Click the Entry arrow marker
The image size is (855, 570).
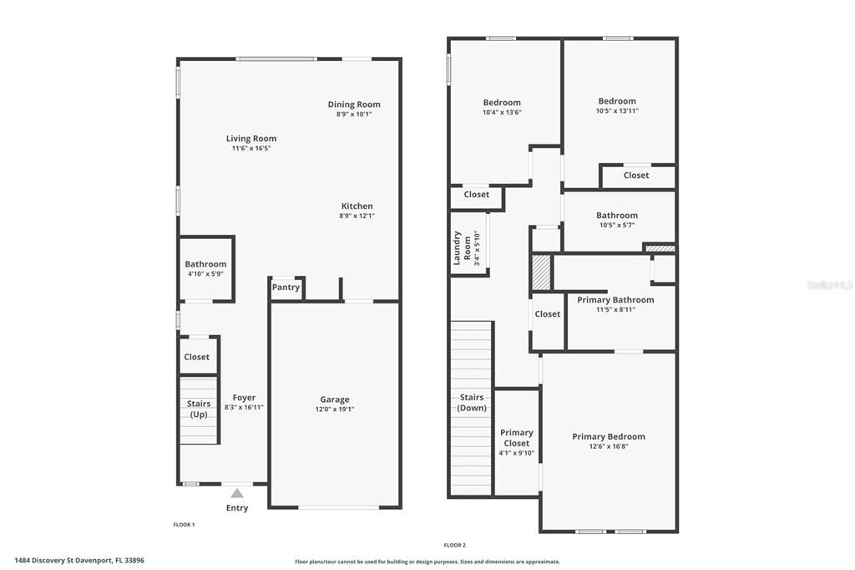237,493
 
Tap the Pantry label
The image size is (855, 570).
286,288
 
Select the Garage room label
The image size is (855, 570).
335,400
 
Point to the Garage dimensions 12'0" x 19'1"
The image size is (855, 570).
335,410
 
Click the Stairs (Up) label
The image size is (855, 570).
199,409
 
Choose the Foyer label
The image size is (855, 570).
244,398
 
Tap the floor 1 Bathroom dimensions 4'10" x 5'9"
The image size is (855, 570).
205,273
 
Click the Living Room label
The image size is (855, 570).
251,139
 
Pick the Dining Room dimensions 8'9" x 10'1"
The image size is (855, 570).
354,114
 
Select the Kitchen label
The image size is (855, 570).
357,206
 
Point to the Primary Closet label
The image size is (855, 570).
517,438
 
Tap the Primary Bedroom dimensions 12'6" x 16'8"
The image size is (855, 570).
609,446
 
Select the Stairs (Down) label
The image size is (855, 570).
472,403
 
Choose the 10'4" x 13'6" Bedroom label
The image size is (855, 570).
502,103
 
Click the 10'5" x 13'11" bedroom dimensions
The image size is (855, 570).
617,110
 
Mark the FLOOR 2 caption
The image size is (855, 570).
454,544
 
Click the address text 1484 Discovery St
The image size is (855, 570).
50,561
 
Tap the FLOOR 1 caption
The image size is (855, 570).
183,525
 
